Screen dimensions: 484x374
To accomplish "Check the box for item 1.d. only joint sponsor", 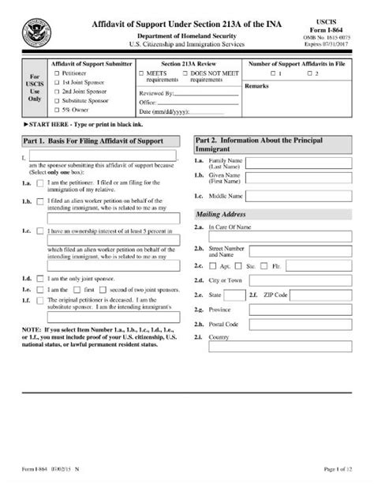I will pyautogui.click(x=39, y=279).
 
